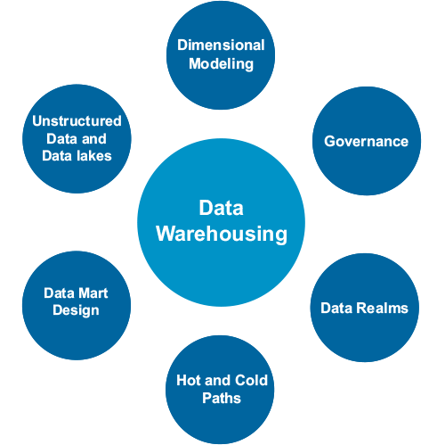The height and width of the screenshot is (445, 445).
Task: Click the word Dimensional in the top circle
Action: point(221,45)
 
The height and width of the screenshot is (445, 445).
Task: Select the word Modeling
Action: point(222,64)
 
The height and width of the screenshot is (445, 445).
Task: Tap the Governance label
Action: point(366,141)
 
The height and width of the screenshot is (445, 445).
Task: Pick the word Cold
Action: point(251,380)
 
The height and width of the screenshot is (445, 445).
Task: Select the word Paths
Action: point(222,398)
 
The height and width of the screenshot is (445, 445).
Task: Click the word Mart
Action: point(93,293)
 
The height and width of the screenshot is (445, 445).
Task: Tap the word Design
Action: point(76,311)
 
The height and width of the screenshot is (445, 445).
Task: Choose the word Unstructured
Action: point(77,121)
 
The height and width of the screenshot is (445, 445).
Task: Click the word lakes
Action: point(94,156)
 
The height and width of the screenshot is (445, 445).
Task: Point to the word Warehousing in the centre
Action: point(222,235)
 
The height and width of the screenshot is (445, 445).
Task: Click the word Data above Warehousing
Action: point(222,208)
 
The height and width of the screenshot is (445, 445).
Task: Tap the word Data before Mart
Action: point(60,293)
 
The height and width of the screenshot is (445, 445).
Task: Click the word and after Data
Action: point(93,139)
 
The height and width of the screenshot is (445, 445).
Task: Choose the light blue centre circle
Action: point(221,222)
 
